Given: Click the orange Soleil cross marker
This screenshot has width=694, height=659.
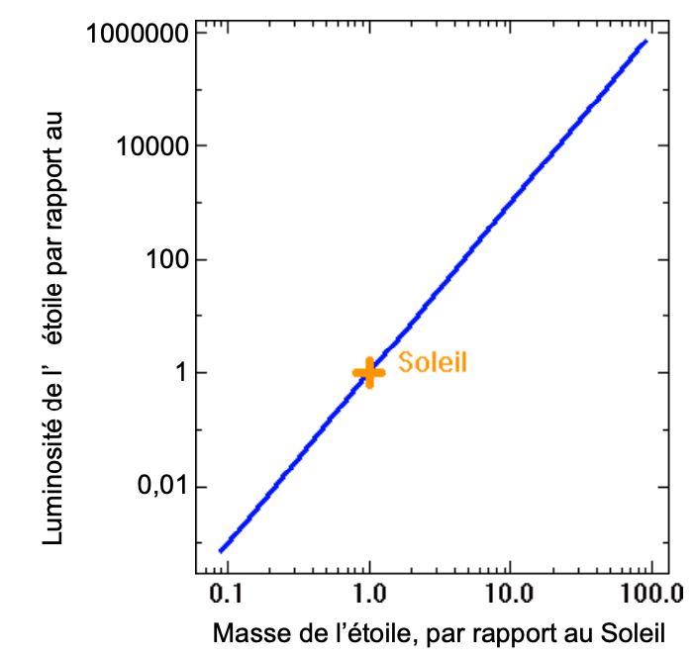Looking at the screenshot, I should coord(369,372).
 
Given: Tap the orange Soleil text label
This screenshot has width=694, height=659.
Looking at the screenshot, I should coord(432,363).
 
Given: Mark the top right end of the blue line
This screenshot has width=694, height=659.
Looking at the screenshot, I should coord(645,42).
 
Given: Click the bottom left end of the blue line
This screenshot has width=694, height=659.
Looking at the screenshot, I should coord(222,550).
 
